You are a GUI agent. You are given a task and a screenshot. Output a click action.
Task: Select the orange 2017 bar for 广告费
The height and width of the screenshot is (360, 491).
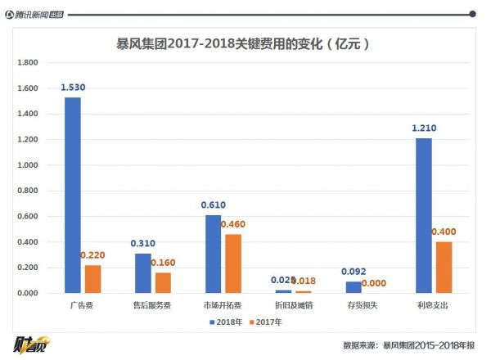click(92, 279)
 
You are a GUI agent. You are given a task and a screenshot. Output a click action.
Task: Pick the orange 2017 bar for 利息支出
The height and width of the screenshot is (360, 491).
click(443, 268)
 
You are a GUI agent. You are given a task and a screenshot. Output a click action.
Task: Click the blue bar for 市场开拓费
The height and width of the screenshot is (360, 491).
click(213, 254)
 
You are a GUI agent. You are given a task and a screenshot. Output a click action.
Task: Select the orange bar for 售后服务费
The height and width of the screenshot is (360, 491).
click(162, 282)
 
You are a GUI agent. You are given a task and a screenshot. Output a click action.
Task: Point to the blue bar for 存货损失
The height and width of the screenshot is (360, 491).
click(353, 287)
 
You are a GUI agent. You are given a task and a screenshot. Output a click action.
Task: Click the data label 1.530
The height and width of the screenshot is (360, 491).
click(73, 88)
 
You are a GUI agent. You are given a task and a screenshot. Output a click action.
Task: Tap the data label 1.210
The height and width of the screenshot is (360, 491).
click(423, 128)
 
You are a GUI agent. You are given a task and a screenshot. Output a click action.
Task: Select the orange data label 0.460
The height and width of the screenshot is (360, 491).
click(233, 224)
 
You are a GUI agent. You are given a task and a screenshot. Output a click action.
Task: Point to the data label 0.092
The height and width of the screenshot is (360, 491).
click(353, 272)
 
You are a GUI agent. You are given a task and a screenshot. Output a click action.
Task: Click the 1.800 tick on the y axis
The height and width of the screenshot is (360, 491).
click(28, 63)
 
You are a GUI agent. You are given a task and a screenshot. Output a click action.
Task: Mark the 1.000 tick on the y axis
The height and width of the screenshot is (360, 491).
click(28, 165)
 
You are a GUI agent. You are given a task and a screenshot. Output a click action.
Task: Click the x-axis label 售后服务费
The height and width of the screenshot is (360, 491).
click(153, 305)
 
